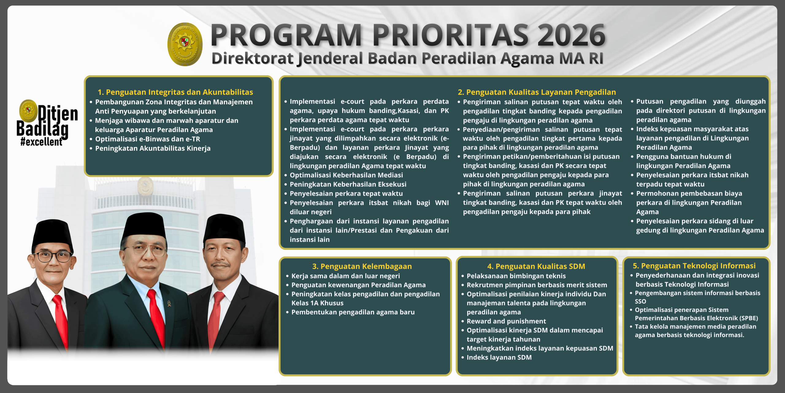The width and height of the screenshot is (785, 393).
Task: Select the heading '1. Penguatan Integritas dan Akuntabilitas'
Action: pos(175,92)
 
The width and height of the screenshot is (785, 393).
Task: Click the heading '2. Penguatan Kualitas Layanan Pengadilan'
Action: pos(537,92)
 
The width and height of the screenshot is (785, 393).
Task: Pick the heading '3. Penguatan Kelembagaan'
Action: pos(362,266)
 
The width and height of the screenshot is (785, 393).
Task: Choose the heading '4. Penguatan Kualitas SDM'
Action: pos(536,266)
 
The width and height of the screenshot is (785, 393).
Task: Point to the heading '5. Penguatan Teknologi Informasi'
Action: pos(694,266)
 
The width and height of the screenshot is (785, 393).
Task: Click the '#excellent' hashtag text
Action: pos(41,142)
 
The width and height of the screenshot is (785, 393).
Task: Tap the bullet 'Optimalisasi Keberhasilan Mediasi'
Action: pos(346,175)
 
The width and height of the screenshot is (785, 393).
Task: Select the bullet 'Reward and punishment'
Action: pos(506,321)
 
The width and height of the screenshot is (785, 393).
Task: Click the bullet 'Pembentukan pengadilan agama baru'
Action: pos(353,312)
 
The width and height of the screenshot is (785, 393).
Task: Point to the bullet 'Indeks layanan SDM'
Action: pos(499,357)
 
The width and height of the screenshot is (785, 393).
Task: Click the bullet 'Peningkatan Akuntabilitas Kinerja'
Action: pos(153,148)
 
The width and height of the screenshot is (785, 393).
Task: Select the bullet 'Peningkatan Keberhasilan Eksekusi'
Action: pos(348,184)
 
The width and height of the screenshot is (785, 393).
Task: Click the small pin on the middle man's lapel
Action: pos(169,304)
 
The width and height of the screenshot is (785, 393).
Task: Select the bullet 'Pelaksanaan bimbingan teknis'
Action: pos(516,276)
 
